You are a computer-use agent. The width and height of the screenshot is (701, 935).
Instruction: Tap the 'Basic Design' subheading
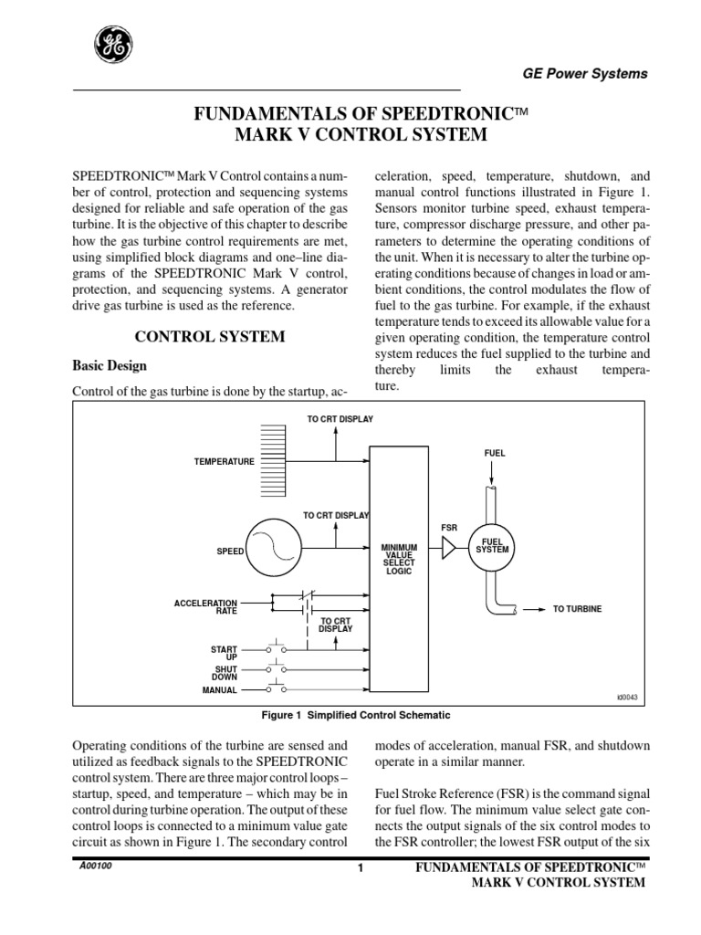point(110,366)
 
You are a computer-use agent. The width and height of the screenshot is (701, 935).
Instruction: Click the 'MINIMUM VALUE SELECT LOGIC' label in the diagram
point(400,558)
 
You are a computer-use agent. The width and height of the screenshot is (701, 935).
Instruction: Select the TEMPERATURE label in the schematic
point(224,462)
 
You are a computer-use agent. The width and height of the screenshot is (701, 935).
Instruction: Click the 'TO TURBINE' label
point(577,609)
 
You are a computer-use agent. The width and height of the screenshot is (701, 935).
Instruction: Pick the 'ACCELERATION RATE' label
point(205,606)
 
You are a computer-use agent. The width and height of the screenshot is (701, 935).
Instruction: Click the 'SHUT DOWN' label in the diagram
point(225,672)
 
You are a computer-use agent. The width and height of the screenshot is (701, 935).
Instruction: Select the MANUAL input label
point(219,690)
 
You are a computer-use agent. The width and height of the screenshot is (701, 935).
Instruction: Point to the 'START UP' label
point(224,652)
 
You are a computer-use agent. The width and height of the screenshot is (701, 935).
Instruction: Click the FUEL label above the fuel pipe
point(494,453)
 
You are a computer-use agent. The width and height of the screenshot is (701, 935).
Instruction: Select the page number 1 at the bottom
point(361,868)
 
